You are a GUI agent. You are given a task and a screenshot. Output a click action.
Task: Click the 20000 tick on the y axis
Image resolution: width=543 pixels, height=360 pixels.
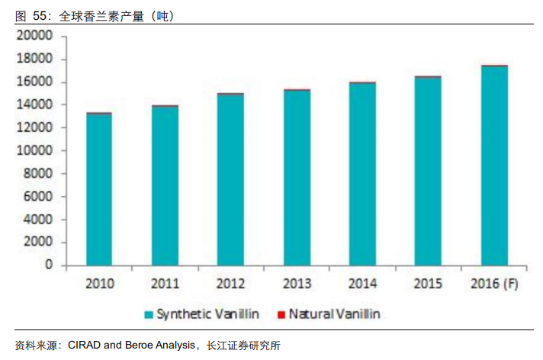(x=36, y=36)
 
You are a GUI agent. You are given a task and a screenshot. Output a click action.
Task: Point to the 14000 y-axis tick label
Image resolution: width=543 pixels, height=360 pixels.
(x=36, y=104)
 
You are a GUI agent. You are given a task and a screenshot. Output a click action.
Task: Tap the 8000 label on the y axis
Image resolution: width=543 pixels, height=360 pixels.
(x=39, y=174)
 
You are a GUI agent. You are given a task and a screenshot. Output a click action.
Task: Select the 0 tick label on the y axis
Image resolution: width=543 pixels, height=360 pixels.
(x=49, y=265)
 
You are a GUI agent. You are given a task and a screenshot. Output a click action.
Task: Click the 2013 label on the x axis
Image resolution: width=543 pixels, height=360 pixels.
(x=297, y=284)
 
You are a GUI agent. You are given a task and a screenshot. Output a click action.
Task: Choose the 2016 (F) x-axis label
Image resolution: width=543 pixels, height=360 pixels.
(x=493, y=284)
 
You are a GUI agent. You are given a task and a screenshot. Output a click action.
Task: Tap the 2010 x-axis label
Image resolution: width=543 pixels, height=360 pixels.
(x=99, y=284)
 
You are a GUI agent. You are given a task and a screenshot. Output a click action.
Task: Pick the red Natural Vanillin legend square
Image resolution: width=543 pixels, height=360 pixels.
(x=281, y=314)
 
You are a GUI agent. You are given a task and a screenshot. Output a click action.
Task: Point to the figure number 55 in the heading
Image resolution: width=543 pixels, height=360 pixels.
(x=38, y=14)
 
